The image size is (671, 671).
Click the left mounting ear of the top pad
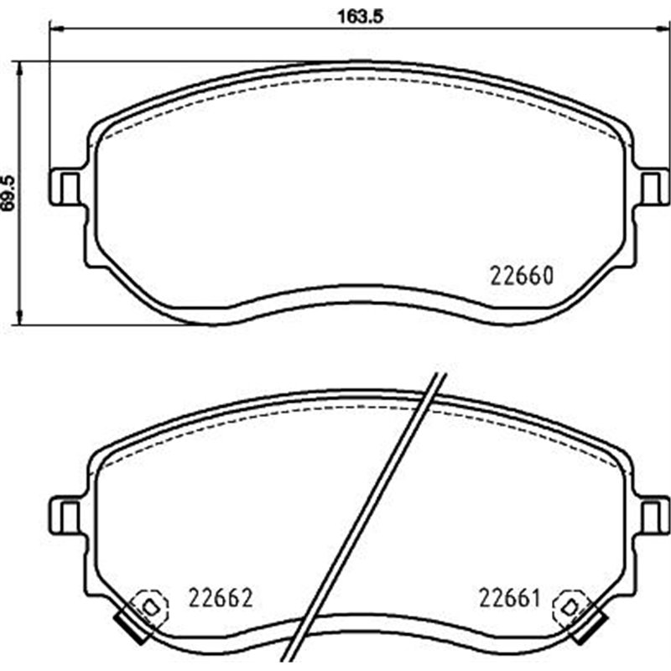66,185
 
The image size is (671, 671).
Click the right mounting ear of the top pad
652,185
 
